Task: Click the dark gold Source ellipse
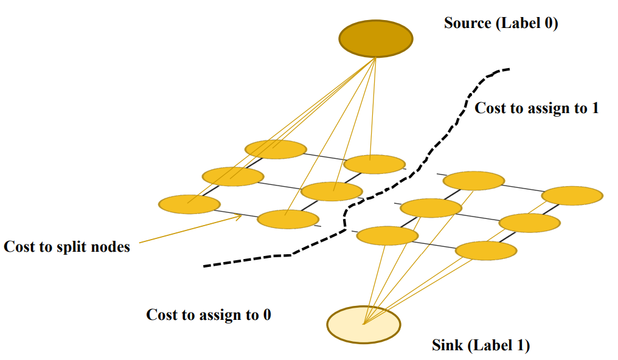(375, 39)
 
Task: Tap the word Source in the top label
(467, 24)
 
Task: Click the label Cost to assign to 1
(536, 108)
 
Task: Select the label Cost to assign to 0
(209, 314)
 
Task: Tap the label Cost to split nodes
(67, 247)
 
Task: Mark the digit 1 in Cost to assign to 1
(595, 108)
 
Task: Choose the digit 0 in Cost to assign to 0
(266, 314)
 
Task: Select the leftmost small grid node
(189, 204)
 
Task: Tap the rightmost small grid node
(572, 195)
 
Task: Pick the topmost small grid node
(276, 149)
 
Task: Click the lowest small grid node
(485, 250)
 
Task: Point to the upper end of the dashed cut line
(509, 69)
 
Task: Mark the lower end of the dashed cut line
(204, 266)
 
